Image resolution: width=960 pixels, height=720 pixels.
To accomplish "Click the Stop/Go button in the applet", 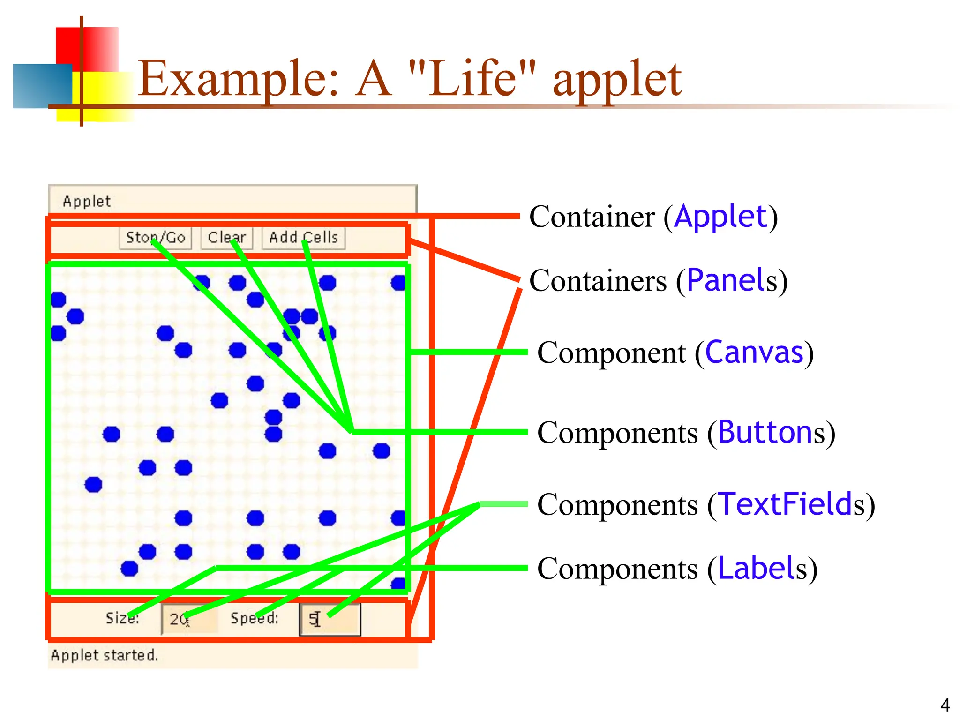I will tap(155, 238).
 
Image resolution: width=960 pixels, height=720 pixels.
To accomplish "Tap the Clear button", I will tap(227, 238).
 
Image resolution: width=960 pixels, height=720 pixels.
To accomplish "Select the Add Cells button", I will tap(303, 238).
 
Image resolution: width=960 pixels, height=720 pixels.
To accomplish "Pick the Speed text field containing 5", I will tap(330, 619).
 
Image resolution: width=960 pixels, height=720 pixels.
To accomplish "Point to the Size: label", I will tap(122, 618).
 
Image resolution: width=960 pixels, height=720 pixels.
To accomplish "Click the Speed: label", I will tap(254, 618).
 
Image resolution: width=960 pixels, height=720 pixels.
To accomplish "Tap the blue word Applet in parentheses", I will tap(720, 217).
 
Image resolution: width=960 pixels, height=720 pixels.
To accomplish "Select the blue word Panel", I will tap(726, 280).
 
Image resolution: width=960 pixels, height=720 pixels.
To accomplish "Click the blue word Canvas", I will tap(754, 352).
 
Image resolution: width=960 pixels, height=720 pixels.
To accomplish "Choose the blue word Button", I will tap(765, 432).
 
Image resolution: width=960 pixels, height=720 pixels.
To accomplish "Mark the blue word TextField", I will tap(785, 504).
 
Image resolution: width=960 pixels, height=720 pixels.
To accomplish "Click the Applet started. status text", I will tap(104, 655).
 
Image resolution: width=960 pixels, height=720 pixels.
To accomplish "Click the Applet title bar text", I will tap(87, 202).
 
